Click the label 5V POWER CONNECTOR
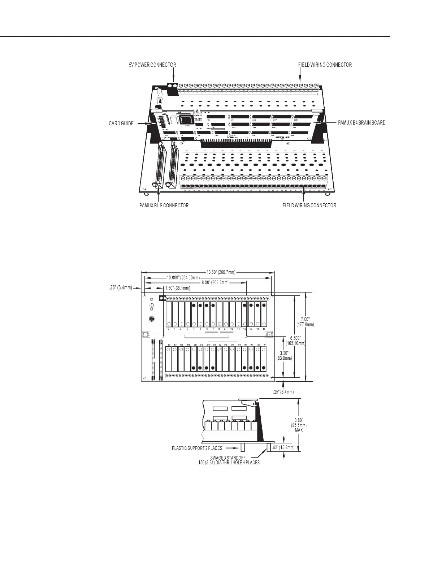(x=152, y=65)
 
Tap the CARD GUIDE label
(x=121, y=123)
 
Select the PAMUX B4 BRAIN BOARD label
(x=361, y=123)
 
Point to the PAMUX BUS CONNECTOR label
(x=164, y=205)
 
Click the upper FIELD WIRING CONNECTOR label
(x=325, y=65)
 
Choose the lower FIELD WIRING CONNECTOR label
(x=309, y=205)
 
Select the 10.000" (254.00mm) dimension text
(x=183, y=278)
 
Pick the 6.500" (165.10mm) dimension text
(x=296, y=341)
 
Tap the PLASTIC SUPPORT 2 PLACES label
(x=197, y=448)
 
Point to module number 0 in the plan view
(x=168, y=329)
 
